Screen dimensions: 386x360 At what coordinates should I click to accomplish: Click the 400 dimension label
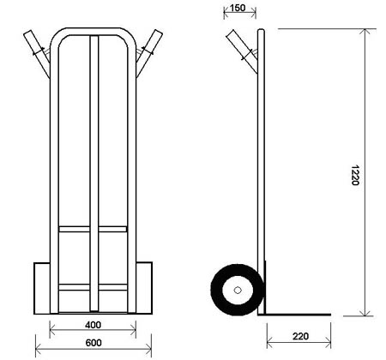93,325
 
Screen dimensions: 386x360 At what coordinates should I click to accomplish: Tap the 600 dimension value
93,343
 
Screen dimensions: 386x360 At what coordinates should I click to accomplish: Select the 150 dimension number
238,8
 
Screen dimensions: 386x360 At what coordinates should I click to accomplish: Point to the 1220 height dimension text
354,175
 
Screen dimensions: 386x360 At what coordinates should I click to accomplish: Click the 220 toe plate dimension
300,336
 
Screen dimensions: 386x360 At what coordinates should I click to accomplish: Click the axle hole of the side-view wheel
238,291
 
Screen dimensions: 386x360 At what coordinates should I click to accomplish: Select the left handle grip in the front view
37,54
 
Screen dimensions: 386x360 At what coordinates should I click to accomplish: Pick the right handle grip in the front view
149,53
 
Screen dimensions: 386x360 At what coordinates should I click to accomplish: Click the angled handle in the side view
242,51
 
